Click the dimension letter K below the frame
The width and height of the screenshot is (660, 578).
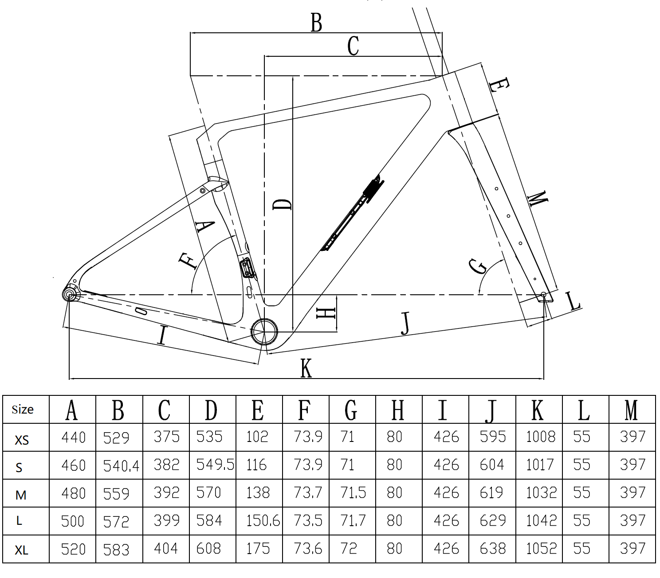point(306,368)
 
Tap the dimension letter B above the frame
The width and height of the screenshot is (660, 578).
point(316,23)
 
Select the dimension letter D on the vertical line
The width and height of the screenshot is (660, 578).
point(282,204)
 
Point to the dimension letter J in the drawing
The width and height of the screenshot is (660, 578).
point(406,323)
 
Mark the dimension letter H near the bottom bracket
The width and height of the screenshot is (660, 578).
point(326,313)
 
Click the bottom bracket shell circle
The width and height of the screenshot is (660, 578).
point(264,332)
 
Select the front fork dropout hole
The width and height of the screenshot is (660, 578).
point(544,295)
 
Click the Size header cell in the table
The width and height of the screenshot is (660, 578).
point(23,409)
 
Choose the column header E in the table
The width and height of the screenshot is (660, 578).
point(257,410)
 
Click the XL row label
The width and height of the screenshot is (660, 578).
point(21,550)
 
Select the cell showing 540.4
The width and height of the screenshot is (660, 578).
point(121,465)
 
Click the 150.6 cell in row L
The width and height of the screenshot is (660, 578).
point(263,520)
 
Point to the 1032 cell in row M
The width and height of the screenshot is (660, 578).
point(540,492)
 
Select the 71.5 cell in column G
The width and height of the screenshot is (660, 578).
point(353,492)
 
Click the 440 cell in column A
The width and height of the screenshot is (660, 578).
point(73,437)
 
